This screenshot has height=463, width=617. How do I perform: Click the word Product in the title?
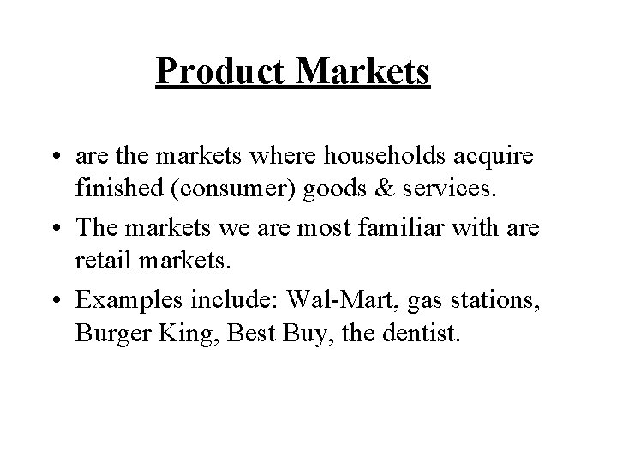(222, 72)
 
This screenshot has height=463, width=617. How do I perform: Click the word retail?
(105, 258)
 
